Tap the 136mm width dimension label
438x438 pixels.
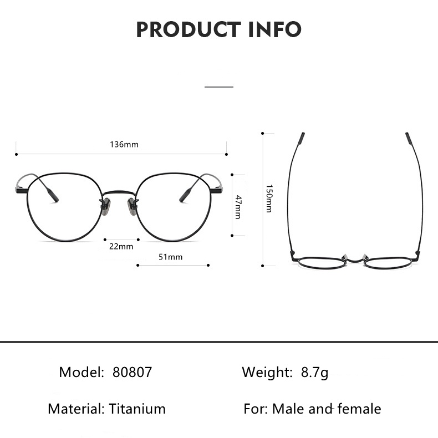124,145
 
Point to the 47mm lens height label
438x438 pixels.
238,206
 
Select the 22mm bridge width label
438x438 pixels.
121,246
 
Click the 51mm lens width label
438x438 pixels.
170,257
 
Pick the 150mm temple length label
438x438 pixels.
269,198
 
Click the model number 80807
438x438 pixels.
132,372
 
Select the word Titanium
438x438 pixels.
137,409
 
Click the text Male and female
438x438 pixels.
326,409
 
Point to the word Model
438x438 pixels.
82,372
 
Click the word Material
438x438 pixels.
76,409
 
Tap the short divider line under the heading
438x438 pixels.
219,87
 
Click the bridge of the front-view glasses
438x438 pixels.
119,193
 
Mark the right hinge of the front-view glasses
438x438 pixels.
217,191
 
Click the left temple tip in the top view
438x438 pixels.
301,138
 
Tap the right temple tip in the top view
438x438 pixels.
409,138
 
